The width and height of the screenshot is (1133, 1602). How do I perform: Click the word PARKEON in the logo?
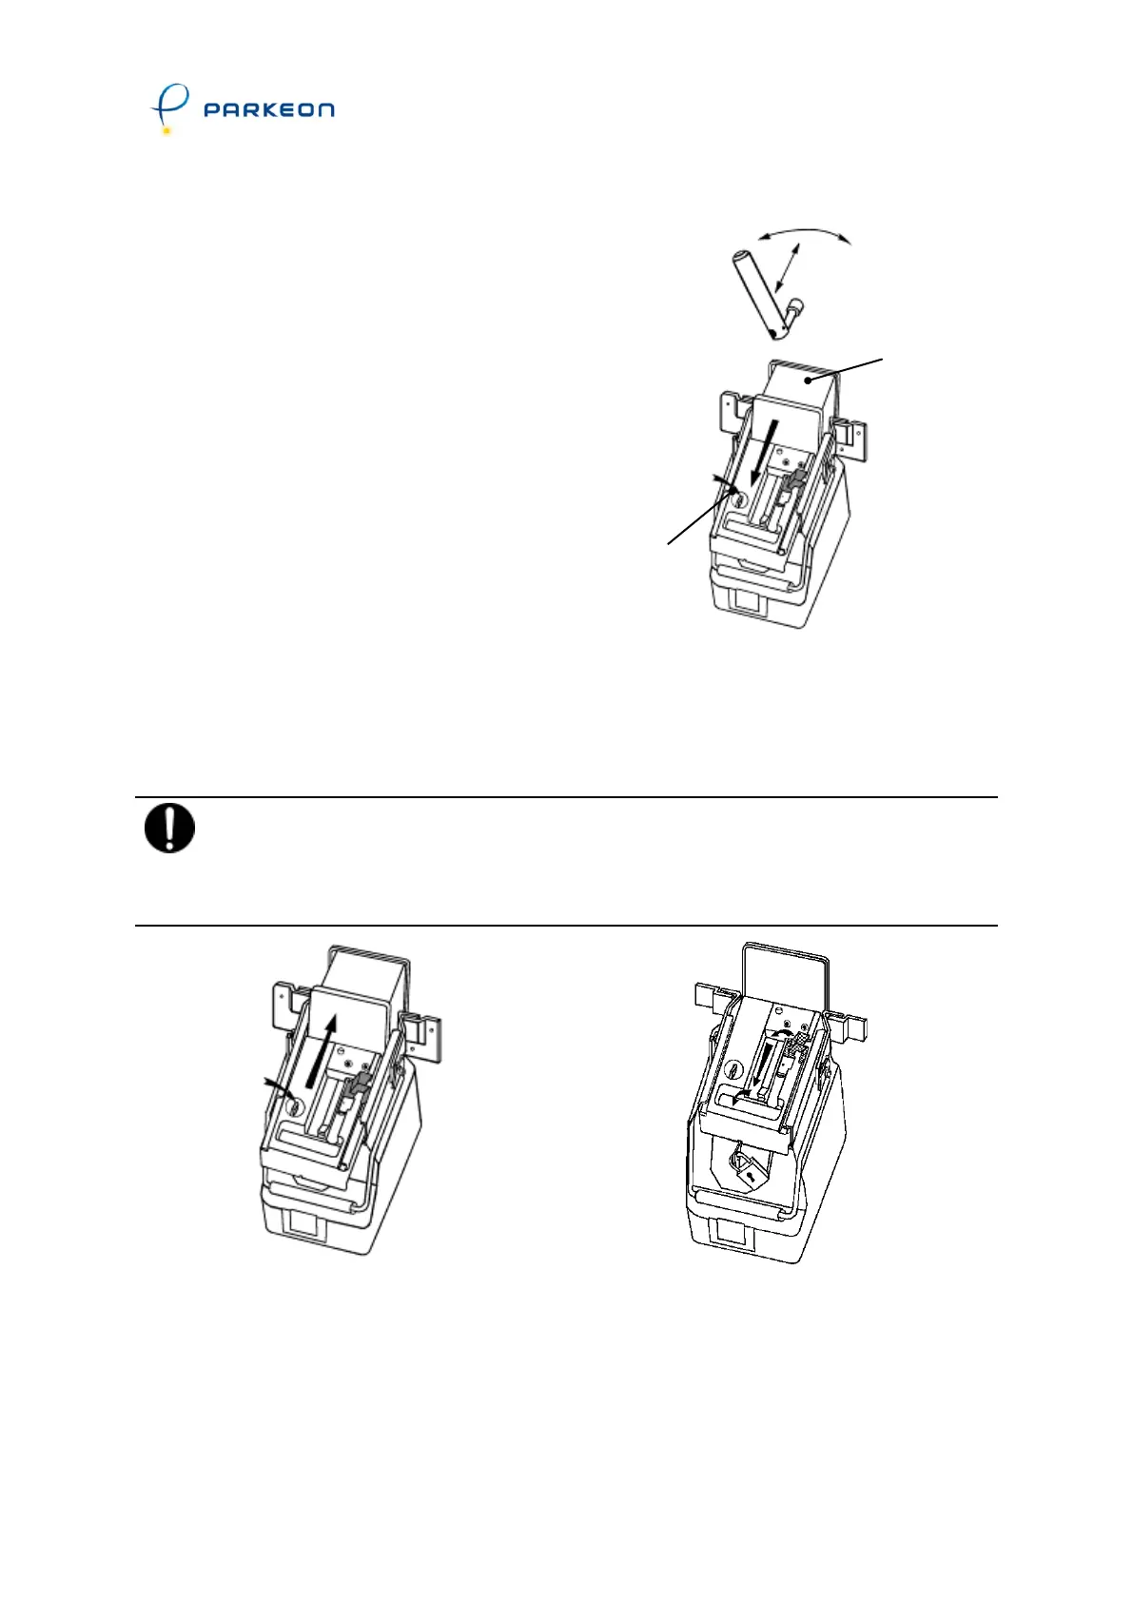(269, 109)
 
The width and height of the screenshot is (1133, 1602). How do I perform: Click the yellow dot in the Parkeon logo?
(166, 130)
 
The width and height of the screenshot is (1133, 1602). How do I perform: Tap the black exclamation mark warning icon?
(169, 828)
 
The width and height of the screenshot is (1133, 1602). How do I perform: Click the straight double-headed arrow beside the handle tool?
(787, 267)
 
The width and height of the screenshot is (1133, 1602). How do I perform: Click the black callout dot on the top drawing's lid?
(807, 381)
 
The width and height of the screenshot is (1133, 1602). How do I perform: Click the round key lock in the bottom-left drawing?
(293, 1106)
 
